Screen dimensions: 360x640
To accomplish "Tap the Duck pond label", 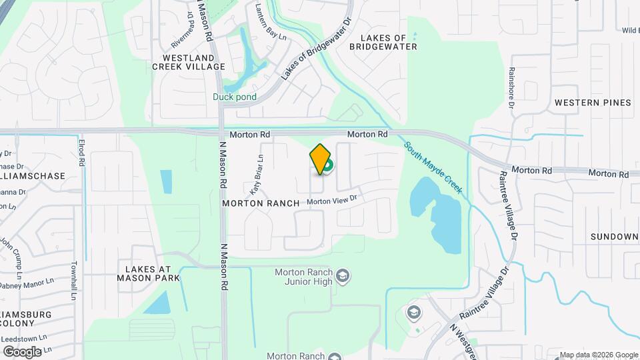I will point(235,97).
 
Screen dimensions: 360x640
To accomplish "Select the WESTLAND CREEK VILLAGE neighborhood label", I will point(189,62).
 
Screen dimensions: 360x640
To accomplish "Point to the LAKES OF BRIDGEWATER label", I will point(389,42).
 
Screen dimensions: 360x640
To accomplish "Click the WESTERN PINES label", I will point(593,103).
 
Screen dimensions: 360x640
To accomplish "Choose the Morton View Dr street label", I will point(332,199).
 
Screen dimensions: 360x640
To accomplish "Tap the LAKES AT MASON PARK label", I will point(148,273).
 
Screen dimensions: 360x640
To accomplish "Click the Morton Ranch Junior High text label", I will point(303,276).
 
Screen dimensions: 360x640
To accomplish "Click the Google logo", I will point(21,351).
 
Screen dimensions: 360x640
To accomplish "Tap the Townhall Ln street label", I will point(75,279).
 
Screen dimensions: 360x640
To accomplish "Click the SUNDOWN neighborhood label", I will point(614,237).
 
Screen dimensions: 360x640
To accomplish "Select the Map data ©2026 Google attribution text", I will point(599,355).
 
